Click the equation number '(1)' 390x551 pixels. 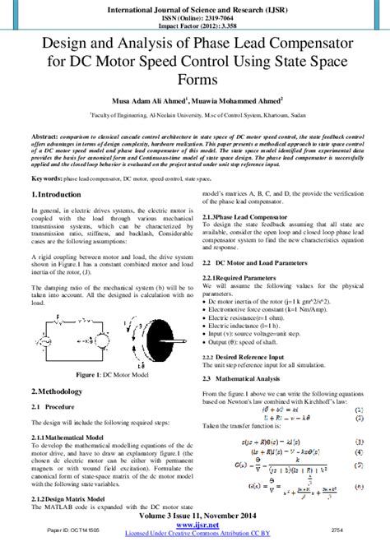(358, 408)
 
